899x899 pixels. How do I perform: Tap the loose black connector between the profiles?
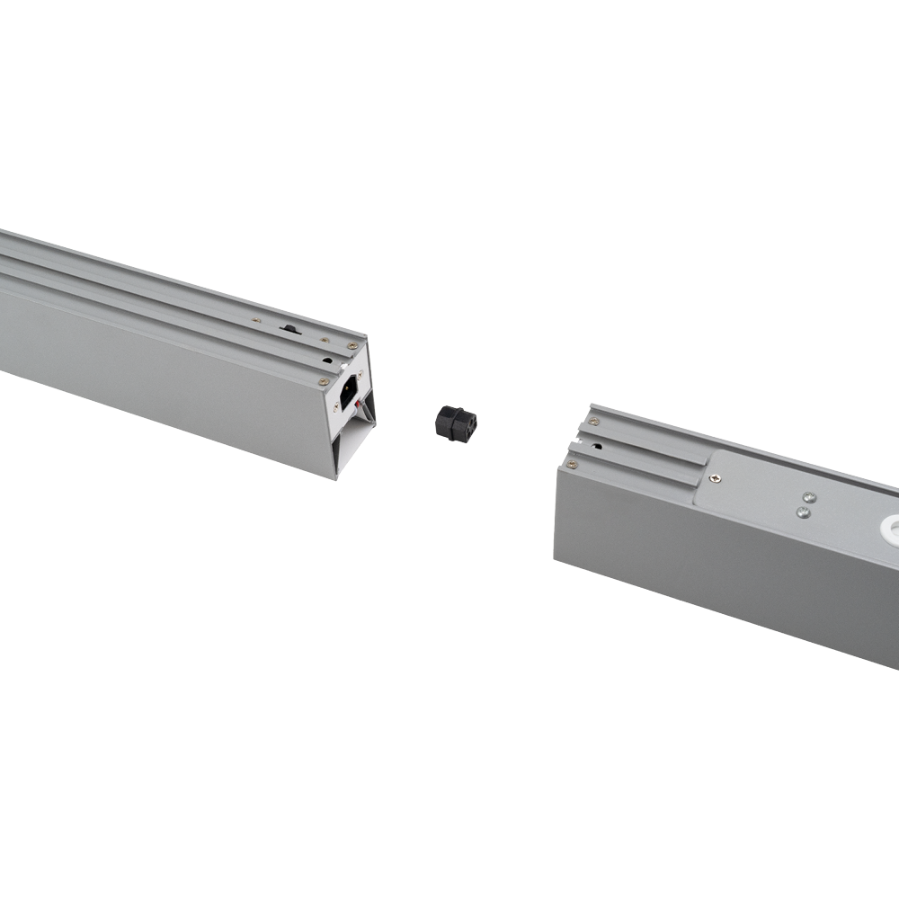coord(456,422)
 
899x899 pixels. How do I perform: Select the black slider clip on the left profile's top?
coord(290,329)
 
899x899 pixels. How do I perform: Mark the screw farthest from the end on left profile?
coord(256,319)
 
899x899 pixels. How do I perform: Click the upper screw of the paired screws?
coord(808,496)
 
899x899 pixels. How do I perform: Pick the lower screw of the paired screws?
coord(802,512)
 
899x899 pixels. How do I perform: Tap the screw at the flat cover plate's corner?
coord(714,478)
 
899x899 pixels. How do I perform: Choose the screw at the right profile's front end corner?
coord(571,465)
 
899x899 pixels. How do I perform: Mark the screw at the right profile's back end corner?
coord(593,421)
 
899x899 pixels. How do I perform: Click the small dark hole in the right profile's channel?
coord(597,447)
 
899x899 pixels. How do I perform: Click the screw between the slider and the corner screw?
coord(325,341)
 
